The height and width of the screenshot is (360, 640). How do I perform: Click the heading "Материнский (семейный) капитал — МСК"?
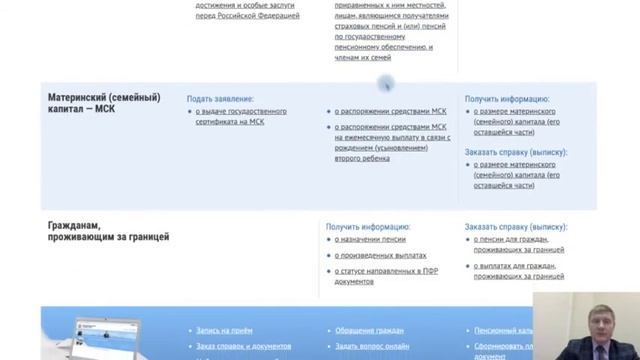click(x=104, y=104)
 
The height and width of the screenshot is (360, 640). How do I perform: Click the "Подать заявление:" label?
click(x=220, y=99)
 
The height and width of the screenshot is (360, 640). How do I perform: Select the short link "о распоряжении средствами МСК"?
click(x=390, y=112)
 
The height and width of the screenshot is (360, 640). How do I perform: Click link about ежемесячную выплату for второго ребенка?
click(x=391, y=146)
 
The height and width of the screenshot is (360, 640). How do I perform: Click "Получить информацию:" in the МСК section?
click(x=507, y=99)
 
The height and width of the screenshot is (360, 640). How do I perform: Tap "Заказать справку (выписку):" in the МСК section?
click(x=516, y=152)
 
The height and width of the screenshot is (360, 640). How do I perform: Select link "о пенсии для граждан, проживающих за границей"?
click(x=519, y=244)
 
